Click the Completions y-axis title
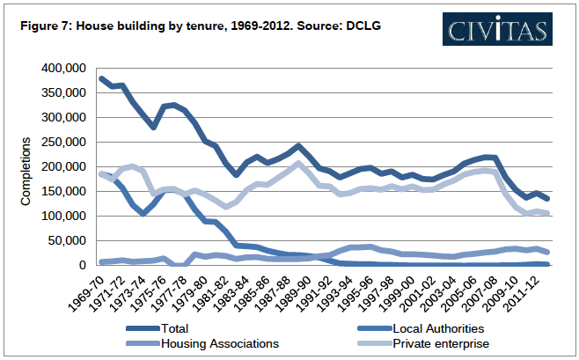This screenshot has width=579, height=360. click(x=26, y=172)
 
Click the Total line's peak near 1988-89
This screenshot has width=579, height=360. click(x=299, y=146)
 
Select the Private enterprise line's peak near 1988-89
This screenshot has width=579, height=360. click(x=299, y=164)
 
